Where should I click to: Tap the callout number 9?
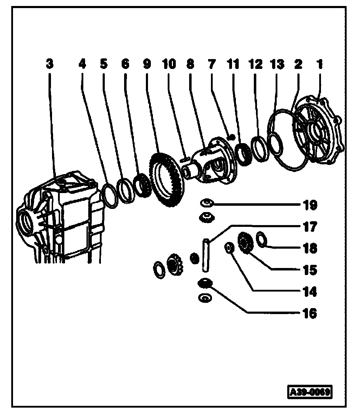[x=146, y=64]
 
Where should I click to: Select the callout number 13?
[x=277, y=64]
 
